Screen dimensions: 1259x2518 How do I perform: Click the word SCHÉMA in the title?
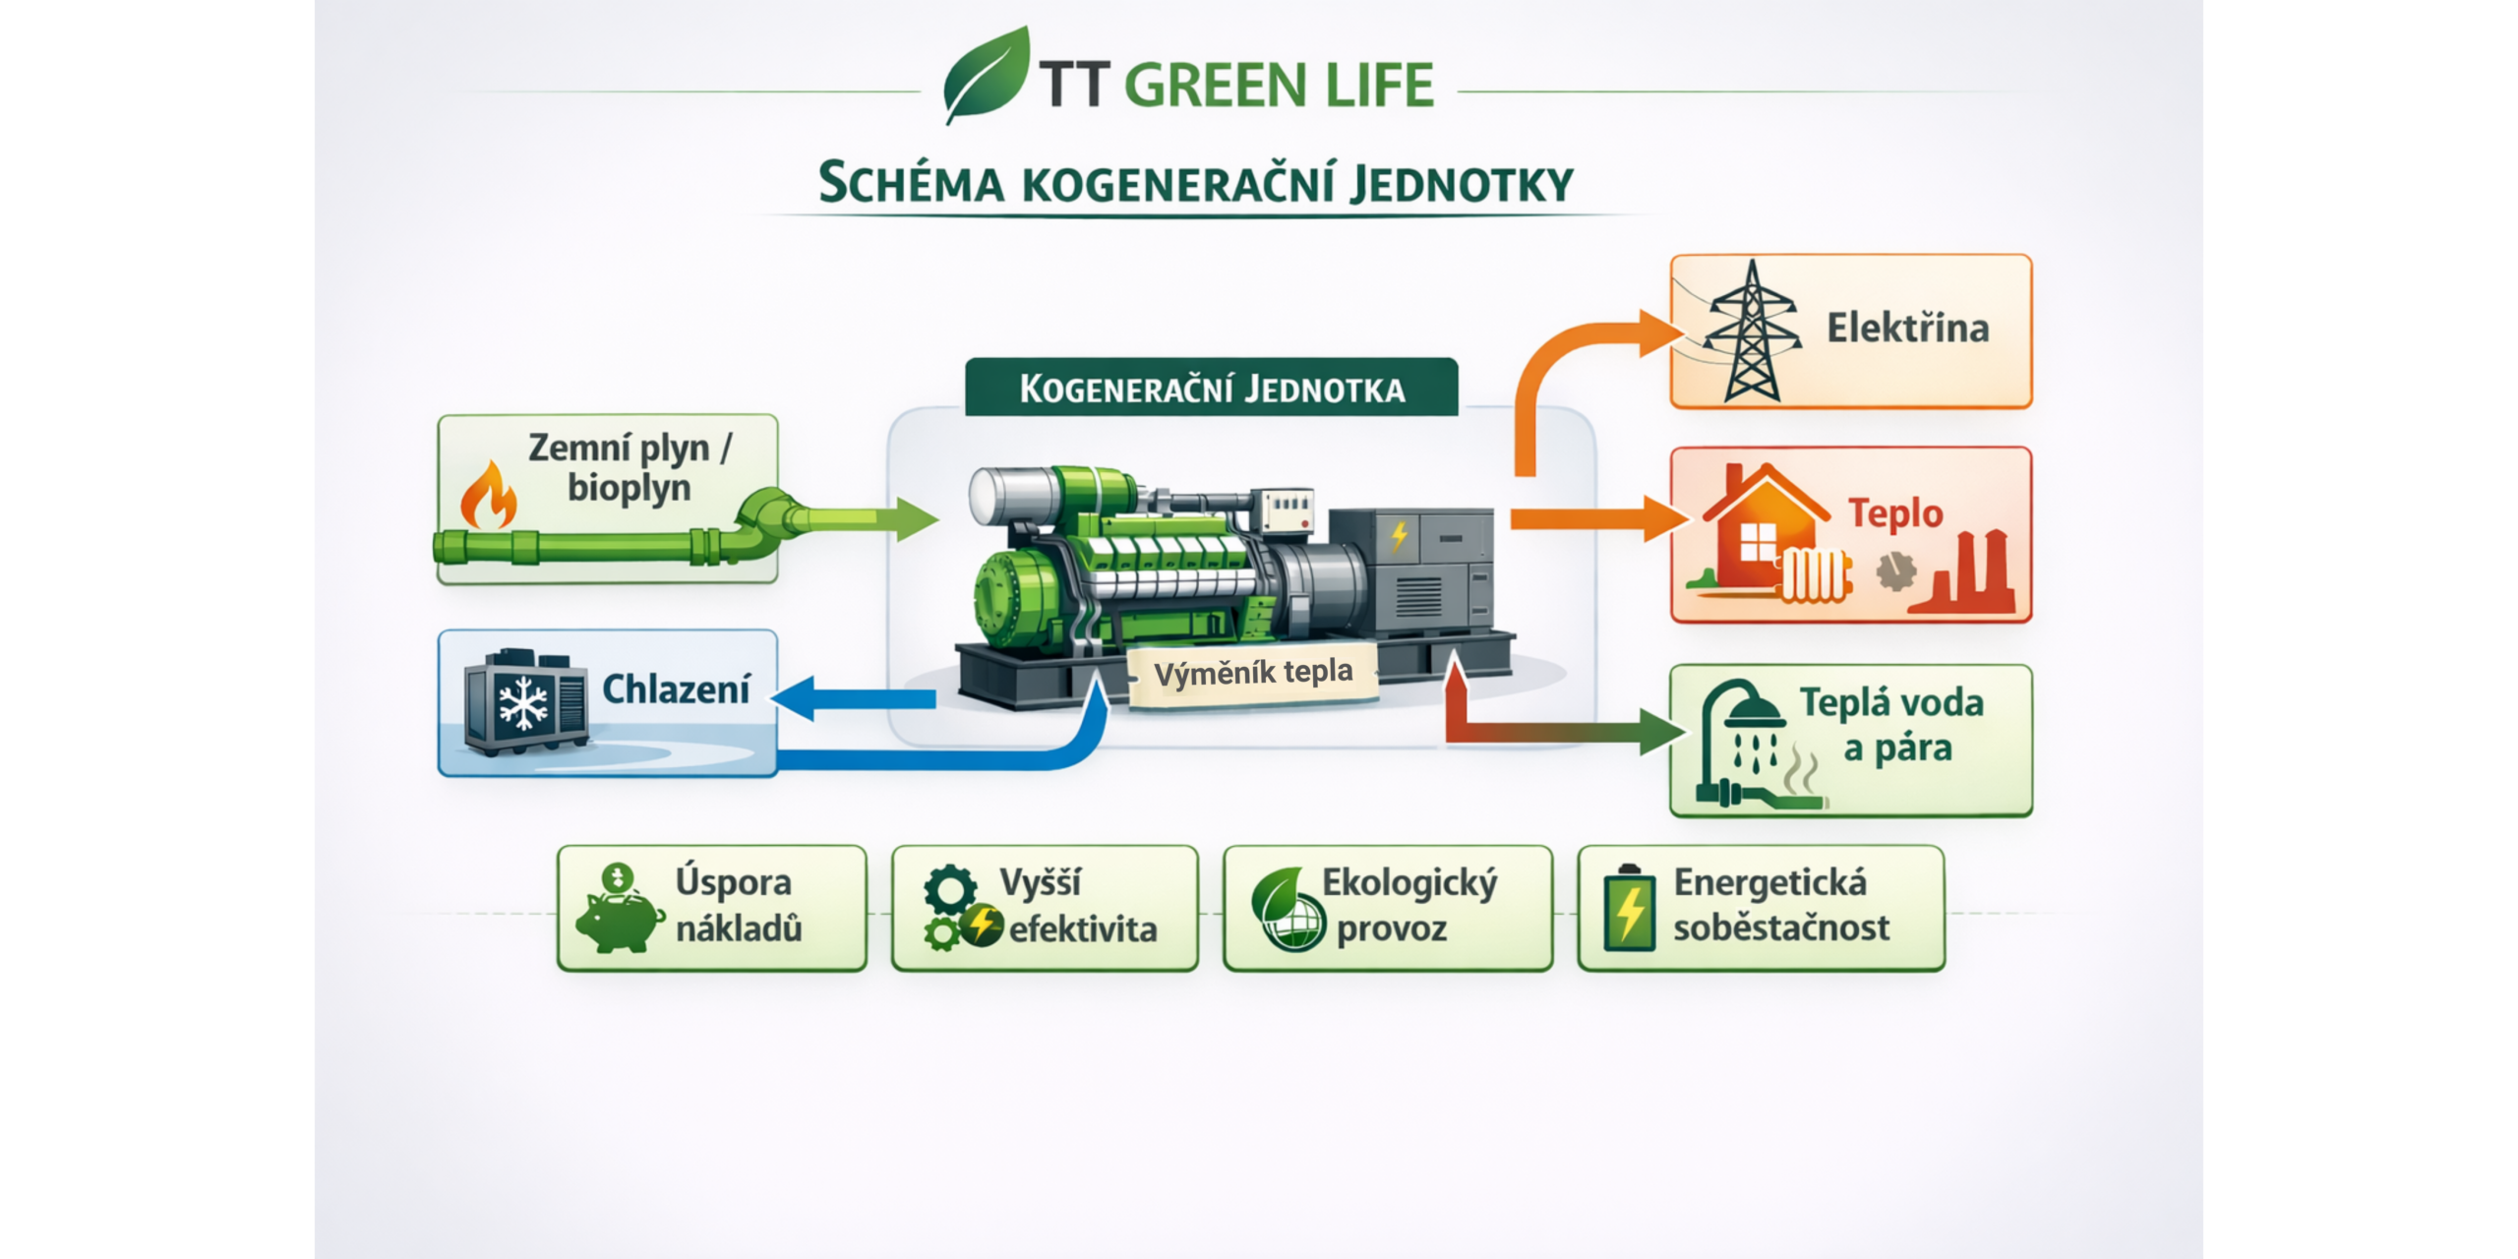pyautogui.click(x=911, y=184)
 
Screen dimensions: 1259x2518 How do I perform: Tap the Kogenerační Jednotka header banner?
pyautogui.click(x=1212, y=388)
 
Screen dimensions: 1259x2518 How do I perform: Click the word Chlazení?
pyautogui.click(x=676, y=689)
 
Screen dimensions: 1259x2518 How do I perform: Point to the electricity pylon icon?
pyautogui.click(x=1752, y=330)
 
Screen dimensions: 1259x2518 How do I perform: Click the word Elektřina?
pyautogui.click(x=1907, y=328)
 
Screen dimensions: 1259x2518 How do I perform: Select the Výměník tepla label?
pyautogui.click(x=1253, y=674)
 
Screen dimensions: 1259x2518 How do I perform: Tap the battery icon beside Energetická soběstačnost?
pyautogui.click(x=1628, y=909)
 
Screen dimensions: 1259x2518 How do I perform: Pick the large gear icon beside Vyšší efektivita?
pyautogui.click(x=950, y=891)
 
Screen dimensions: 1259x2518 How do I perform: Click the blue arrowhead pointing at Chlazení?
pyautogui.click(x=793, y=698)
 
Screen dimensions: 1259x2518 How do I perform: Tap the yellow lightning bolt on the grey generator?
pyautogui.click(x=1399, y=536)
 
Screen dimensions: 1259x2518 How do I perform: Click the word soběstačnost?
pyautogui.click(x=1781, y=927)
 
